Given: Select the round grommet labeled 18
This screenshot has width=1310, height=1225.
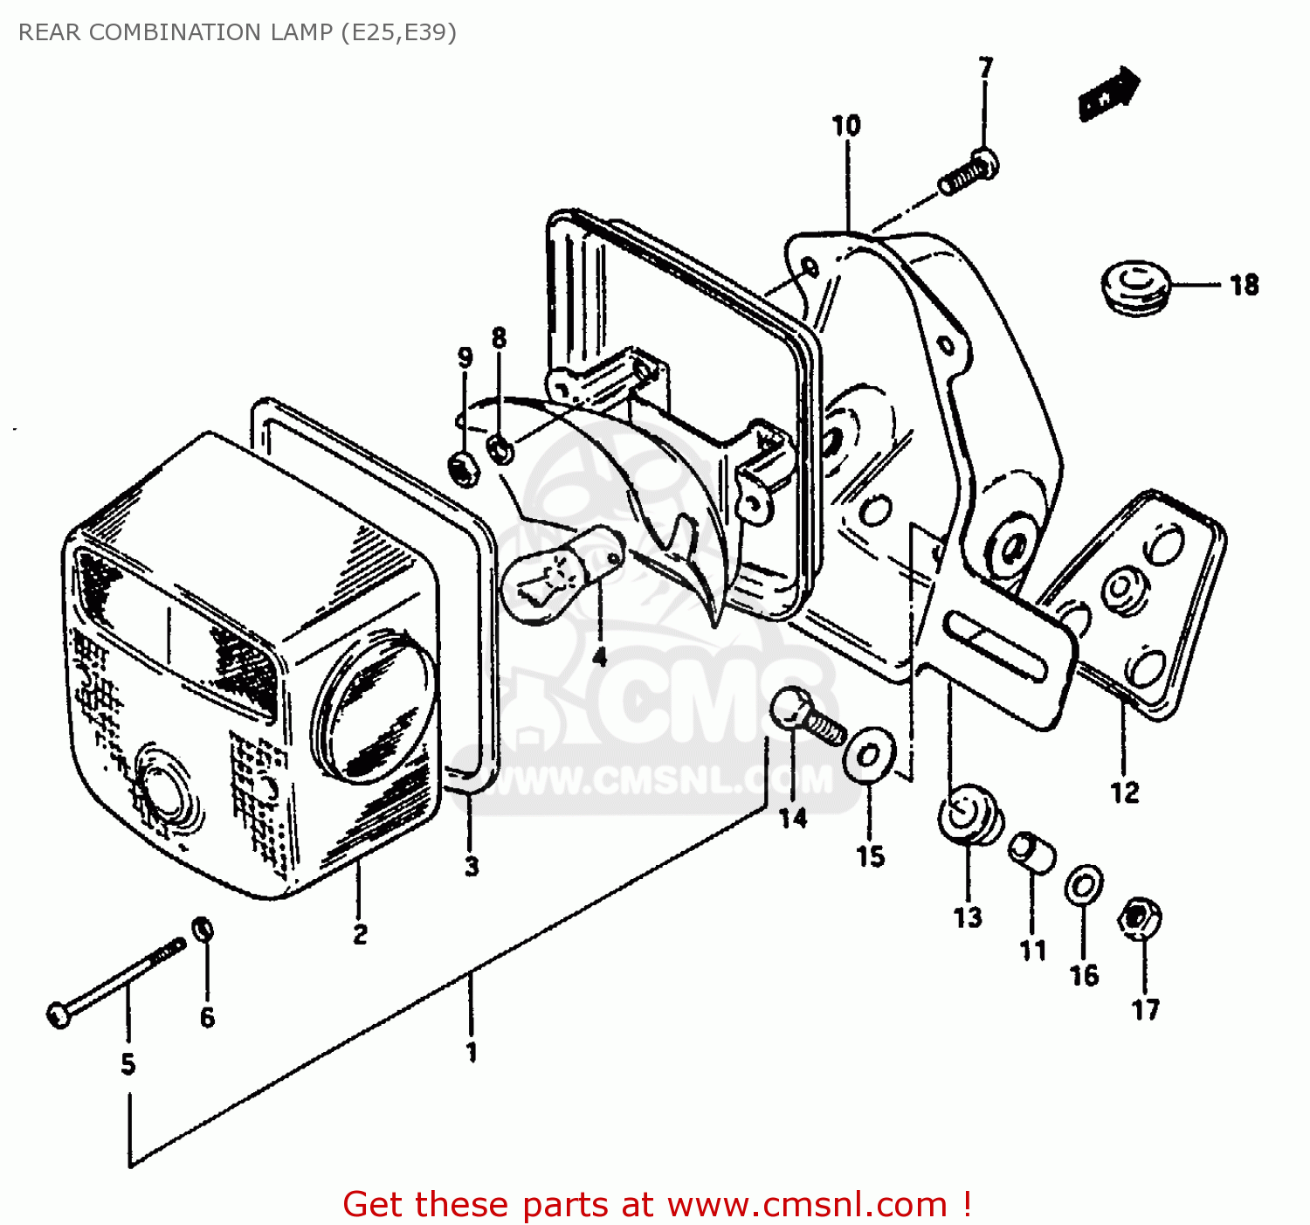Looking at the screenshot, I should pos(1134,286).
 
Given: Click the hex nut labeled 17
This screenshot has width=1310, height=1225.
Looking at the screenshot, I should pos(1140,917).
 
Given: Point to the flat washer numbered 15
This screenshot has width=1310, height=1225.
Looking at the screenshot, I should pos(869,751).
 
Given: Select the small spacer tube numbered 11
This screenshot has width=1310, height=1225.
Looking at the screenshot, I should pos(1031,852).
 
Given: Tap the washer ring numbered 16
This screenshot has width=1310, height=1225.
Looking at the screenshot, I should pos(1084,887).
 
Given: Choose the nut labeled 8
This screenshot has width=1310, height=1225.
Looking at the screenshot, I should pos(500,450).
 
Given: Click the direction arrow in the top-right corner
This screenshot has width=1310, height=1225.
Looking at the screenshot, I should pos(1109,93).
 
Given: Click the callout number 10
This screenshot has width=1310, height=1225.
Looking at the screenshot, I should pos(845,126).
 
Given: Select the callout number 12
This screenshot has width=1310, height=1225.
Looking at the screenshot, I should pos(1125,792).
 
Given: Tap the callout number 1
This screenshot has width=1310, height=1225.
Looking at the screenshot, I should pos(472,1052).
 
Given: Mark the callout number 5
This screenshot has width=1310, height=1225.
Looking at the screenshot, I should pos(128,1064).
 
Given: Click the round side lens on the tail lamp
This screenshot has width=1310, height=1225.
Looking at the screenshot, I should pos(374,706).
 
